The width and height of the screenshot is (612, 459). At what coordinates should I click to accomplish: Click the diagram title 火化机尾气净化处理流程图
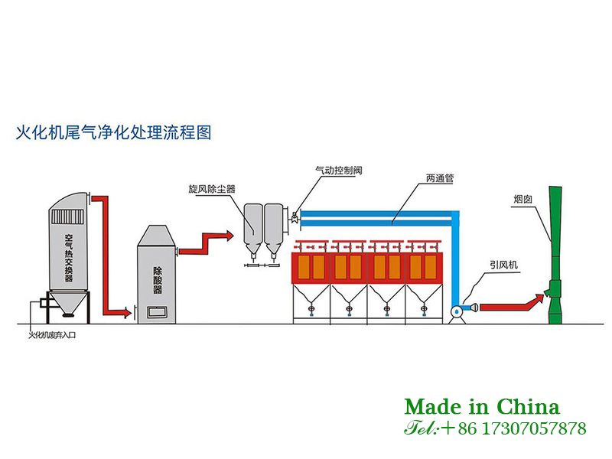tap(113, 133)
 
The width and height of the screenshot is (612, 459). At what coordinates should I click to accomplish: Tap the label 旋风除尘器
tap(212, 188)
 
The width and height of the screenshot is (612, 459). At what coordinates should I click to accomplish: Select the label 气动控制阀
tap(338, 171)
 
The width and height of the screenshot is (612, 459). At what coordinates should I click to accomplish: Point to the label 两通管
tap(441, 178)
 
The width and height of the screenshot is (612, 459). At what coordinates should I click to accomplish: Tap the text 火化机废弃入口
tap(54, 334)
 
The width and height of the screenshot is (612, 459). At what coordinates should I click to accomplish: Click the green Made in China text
tap(482, 406)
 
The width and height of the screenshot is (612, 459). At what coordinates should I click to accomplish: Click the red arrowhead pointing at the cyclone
tap(228, 235)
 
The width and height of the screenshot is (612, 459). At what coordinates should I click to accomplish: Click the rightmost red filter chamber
tap(423, 267)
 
